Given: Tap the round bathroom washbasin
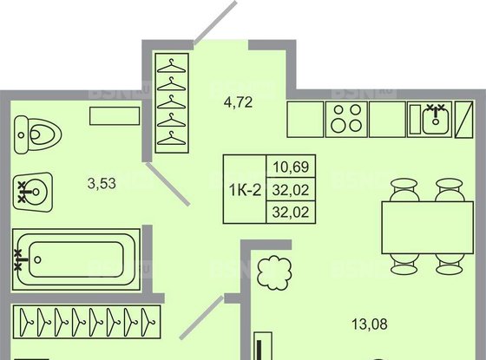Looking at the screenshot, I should (x=35, y=190).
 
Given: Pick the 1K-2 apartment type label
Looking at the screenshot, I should (x=244, y=189).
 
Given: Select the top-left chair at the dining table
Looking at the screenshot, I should (x=402, y=187).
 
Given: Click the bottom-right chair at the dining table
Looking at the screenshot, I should (x=449, y=261).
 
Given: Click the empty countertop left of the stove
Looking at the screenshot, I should (x=305, y=119).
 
